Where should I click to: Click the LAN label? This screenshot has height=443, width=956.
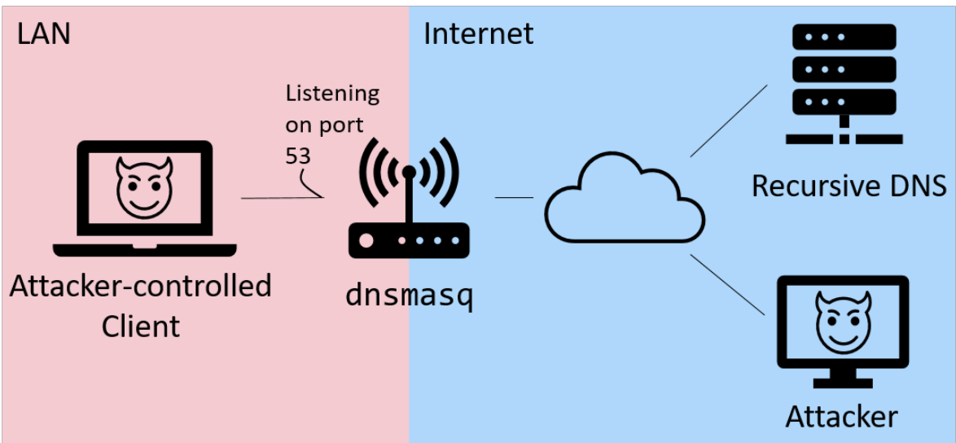coord(43,33)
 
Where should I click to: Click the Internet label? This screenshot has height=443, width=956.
coord(479,33)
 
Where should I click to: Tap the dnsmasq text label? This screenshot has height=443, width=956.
coord(410,296)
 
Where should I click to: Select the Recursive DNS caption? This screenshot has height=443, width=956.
coord(849,186)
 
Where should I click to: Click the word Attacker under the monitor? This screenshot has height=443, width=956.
coord(841,417)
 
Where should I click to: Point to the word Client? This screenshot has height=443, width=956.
coord(141,326)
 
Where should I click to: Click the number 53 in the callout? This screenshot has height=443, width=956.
coord(298,156)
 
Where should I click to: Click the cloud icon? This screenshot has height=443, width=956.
coord(625,198)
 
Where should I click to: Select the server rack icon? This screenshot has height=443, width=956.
coord(844,84)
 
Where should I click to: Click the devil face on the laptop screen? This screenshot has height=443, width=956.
coord(145,187)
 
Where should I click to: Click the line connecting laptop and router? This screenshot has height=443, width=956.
coord(283,198)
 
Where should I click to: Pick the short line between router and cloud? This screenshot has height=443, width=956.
coord(514,197)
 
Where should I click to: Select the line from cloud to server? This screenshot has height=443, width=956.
coord(729,121)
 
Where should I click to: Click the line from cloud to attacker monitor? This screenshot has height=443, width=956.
coord(727,284)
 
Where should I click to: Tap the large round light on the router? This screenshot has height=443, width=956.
coord(366,241)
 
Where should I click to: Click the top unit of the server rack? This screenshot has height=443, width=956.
coord(844,37)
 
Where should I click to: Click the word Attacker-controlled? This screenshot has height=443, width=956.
coord(141,287)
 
